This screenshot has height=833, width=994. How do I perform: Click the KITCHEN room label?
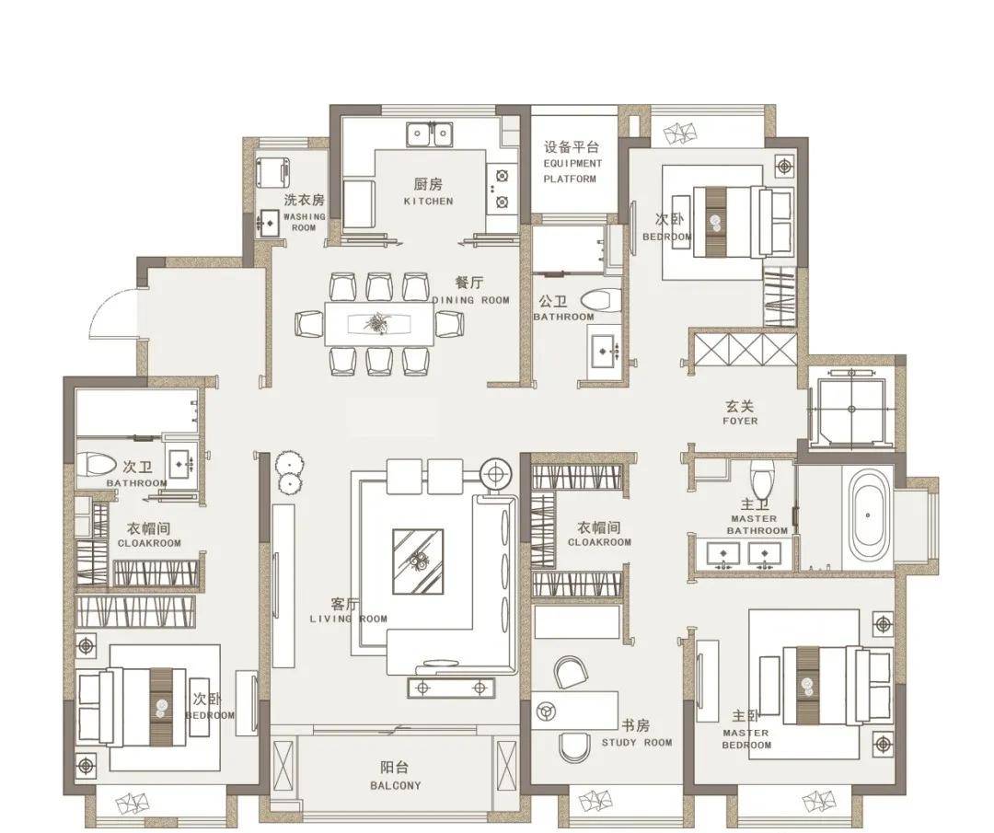(x=429, y=201)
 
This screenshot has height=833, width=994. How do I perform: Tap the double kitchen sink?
(x=430, y=133)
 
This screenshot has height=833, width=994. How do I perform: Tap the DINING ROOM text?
(x=471, y=300)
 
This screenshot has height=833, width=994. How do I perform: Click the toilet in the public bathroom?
(x=600, y=300)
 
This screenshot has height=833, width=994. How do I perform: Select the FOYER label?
(x=740, y=421)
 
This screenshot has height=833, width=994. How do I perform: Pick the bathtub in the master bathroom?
(x=867, y=515)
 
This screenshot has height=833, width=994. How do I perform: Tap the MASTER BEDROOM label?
(x=746, y=739)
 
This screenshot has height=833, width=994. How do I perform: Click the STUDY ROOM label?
(x=637, y=743)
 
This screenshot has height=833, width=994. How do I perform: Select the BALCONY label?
(x=396, y=785)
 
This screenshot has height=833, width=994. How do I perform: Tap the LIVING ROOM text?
(x=348, y=619)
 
